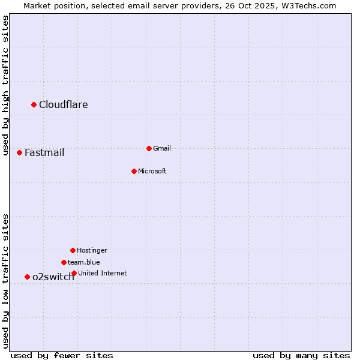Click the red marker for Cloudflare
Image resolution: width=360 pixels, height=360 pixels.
[34, 105]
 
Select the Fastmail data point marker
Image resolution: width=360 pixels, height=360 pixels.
[19, 153]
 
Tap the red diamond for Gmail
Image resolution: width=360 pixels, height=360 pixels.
[149, 148]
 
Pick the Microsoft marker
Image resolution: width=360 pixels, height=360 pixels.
[134, 171]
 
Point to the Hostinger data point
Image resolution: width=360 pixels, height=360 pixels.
[73, 250]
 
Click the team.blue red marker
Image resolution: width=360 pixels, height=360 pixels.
[64, 262]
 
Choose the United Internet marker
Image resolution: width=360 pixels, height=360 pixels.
[74, 273]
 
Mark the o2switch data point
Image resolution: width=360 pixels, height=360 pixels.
[27, 277]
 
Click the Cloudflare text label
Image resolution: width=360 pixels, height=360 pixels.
[64, 105]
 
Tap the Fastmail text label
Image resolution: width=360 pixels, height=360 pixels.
[44, 153]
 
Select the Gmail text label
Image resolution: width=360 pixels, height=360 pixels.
[162, 148]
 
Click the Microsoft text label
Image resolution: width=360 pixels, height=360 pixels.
[152, 171]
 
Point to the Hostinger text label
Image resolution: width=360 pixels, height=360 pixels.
[92, 250]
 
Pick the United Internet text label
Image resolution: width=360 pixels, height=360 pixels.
[103, 273]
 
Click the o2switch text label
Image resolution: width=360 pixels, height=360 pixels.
[53, 277]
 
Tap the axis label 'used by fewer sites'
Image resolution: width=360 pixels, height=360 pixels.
[62, 355]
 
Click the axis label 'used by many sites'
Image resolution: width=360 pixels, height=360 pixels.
[301, 355]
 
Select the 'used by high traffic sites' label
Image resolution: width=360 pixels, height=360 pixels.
[6, 85]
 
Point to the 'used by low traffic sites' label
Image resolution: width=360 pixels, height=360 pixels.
[6, 281]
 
